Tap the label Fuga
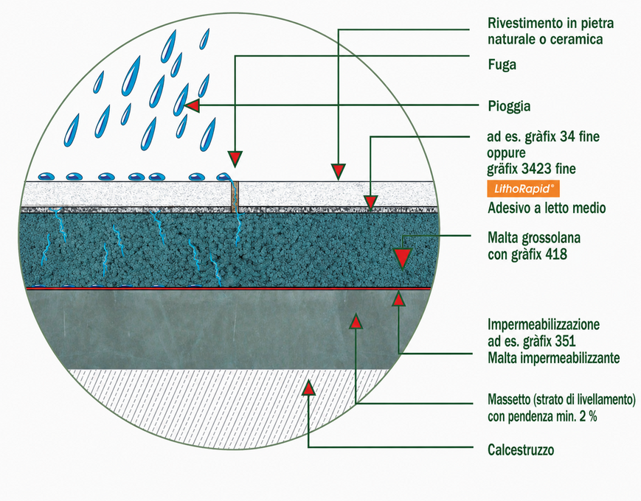(x=502, y=65)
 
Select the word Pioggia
(x=509, y=106)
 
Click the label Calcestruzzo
(x=521, y=450)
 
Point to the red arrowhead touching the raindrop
(x=192, y=106)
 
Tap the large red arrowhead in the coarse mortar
(x=402, y=259)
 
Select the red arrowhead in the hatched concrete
(x=309, y=388)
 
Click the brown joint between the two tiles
(x=235, y=197)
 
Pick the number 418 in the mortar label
(x=555, y=254)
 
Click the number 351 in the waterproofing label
(x=565, y=341)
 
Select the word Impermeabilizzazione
(x=544, y=325)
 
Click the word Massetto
(x=507, y=399)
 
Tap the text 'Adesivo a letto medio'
(x=547, y=209)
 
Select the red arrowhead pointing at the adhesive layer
(x=370, y=203)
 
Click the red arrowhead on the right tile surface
(x=339, y=172)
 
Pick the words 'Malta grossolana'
(x=534, y=238)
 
